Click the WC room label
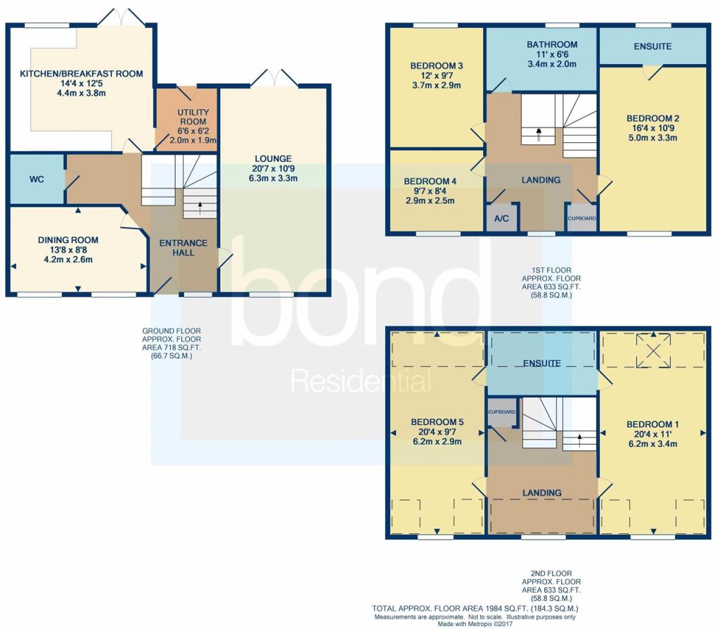coord(37,179)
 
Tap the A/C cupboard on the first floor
coord(501,218)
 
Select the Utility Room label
coord(193,117)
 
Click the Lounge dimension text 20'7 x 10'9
coord(274,168)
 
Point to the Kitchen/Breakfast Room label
coord(82,73)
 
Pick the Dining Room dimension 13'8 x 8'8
coord(68,250)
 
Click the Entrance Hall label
coord(184,248)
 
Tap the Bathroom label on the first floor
coord(552,44)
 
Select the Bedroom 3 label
coord(436,65)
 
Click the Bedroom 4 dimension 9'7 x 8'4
coord(430,191)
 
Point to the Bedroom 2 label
coord(652,118)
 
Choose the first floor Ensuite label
coord(652,46)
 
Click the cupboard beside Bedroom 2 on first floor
coord(581,218)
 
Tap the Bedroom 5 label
coord(437,421)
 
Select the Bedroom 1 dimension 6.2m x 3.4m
coord(652,444)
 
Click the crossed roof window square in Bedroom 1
coord(653,351)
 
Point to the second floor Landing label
coord(542,493)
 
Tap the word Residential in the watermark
coord(361,381)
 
